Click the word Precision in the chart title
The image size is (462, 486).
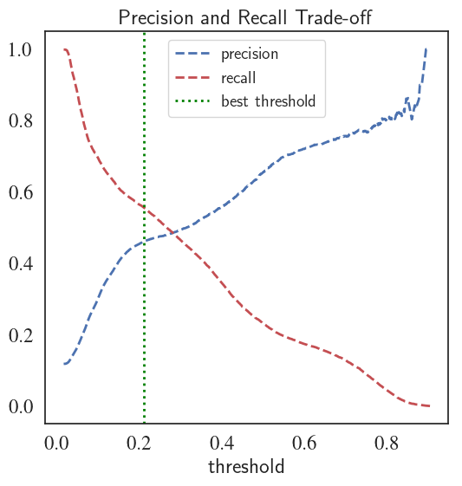156,17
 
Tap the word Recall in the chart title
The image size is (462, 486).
263,17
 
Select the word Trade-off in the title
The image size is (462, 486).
334,17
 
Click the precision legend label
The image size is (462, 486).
250,55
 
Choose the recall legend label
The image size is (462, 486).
238,77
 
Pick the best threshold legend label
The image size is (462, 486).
268,101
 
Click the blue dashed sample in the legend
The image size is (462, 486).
192,54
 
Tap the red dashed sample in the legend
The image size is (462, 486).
192,77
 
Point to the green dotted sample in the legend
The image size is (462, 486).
192,101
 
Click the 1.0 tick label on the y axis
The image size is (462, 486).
21,49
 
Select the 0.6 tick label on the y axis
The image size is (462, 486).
21,192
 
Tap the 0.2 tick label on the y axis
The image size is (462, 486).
21,335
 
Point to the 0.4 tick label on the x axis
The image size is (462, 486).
222,443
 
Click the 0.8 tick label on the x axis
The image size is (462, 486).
387,443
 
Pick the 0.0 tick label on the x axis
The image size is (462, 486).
56,443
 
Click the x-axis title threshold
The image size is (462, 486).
246,466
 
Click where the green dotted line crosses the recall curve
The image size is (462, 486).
144,207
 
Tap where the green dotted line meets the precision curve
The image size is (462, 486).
144,242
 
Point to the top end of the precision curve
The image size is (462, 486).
426,49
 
